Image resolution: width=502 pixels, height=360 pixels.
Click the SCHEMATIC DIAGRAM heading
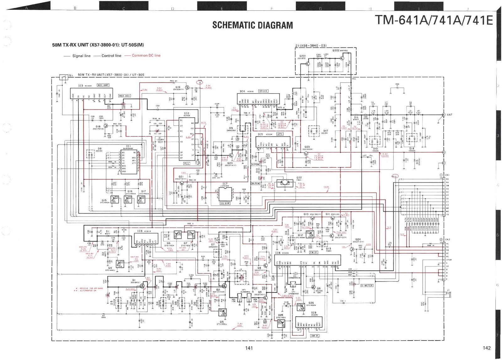click(x=253, y=25)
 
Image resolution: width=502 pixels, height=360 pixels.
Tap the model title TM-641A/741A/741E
click(x=434, y=20)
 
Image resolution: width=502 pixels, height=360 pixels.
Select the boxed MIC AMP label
click(x=103, y=85)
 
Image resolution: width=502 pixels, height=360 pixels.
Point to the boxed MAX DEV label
click(x=125, y=96)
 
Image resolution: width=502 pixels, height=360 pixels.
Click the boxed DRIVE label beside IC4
click(x=263, y=91)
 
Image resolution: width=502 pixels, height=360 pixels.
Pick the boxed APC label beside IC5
click(x=279, y=134)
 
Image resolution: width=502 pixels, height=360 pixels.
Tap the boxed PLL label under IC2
click(x=187, y=163)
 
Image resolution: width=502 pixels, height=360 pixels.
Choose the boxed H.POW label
click(x=256, y=165)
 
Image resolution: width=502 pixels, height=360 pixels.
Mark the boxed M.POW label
click(x=256, y=183)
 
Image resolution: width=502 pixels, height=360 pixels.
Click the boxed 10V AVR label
click(x=225, y=204)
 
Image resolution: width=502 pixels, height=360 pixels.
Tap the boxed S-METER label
click(x=366, y=286)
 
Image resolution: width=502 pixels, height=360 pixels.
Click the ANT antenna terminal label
click(x=450, y=115)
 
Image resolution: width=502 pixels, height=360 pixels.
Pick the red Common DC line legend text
click(x=146, y=56)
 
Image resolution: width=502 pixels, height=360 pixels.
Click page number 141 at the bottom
click(x=249, y=348)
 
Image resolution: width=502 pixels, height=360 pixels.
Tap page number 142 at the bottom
click(x=487, y=348)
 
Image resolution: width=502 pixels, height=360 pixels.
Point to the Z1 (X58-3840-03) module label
click(x=311, y=46)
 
